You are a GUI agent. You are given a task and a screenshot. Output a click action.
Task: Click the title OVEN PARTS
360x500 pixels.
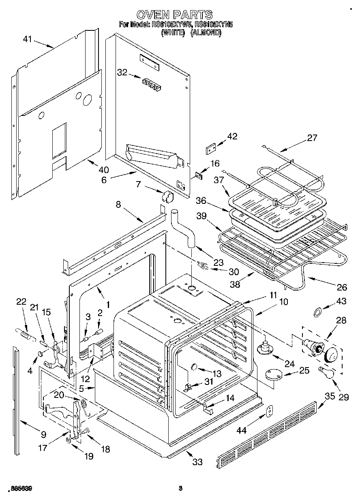(174, 15)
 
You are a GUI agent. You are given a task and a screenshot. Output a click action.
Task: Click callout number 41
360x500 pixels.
(27, 39)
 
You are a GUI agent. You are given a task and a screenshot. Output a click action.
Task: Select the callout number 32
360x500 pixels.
(122, 73)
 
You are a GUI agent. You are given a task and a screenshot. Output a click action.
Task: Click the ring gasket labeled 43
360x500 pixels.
(319, 312)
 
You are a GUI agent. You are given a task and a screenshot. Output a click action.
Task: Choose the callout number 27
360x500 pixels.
(312, 137)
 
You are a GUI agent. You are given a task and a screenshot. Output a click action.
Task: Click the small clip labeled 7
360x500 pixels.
(167, 197)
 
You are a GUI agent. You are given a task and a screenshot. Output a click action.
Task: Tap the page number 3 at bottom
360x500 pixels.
(180, 489)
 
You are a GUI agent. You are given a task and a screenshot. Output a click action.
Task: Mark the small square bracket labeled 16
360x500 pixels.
(199, 176)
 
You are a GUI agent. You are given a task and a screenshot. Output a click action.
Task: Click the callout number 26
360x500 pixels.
(342, 287)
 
